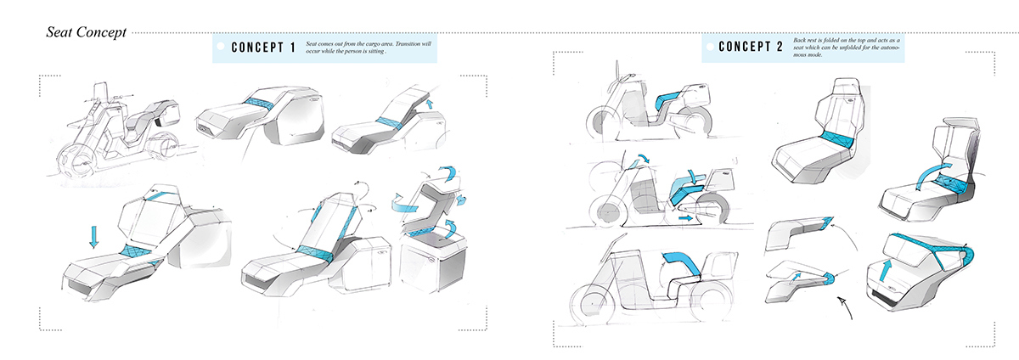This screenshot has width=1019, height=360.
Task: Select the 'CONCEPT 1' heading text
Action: (263, 48)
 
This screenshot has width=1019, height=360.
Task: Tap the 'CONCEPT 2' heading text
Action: (751, 48)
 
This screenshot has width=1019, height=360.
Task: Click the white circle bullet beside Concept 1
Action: (222, 48)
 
